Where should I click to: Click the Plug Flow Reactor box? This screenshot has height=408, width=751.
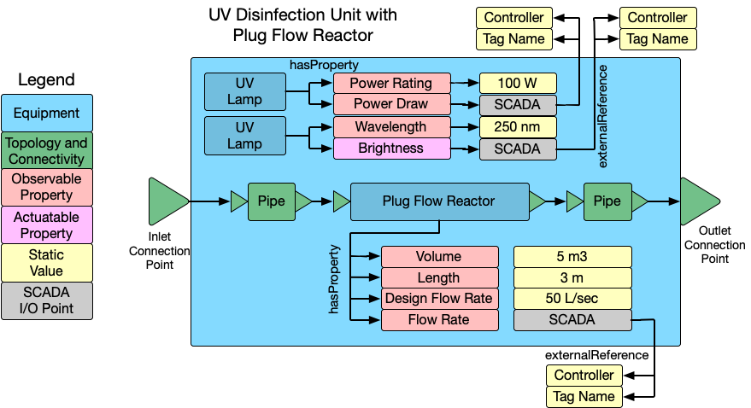click(x=438, y=201)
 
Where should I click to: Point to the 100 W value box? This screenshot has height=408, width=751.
click(x=518, y=84)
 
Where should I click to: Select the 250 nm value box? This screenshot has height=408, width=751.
click(x=518, y=127)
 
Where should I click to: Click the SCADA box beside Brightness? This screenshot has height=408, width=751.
click(x=518, y=149)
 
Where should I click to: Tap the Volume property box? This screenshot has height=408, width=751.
click(x=439, y=257)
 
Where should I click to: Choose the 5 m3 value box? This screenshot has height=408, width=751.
click(x=572, y=257)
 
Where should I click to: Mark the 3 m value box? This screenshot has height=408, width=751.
click(x=572, y=278)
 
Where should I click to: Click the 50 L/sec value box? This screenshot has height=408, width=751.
click(x=572, y=299)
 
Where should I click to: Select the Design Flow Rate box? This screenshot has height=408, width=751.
click(x=439, y=299)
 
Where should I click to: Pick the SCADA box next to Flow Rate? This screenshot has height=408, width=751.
click(x=572, y=320)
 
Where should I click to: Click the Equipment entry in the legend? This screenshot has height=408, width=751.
click(x=47, y=113)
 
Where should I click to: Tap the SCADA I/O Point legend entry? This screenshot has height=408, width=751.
click(x=47, y=300)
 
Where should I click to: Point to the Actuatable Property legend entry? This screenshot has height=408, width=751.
click(x=47, y=225)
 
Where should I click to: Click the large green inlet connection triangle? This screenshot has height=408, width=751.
click(x=167, y=201)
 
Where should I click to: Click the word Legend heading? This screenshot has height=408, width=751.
click(x=47, y=80)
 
